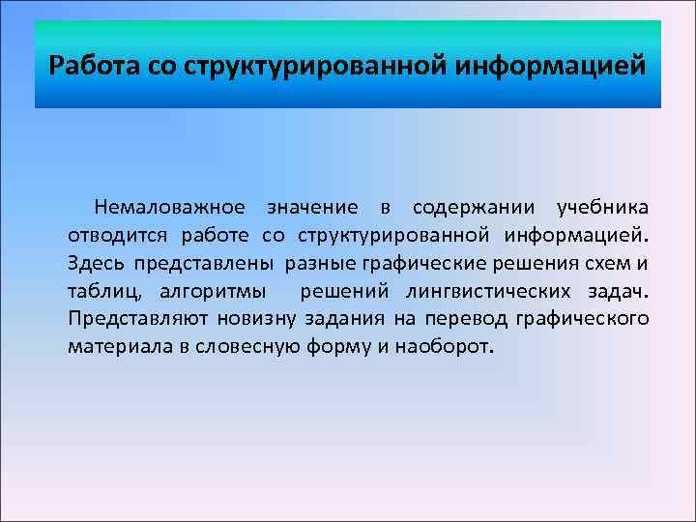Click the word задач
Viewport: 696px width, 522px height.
click(618, 292)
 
